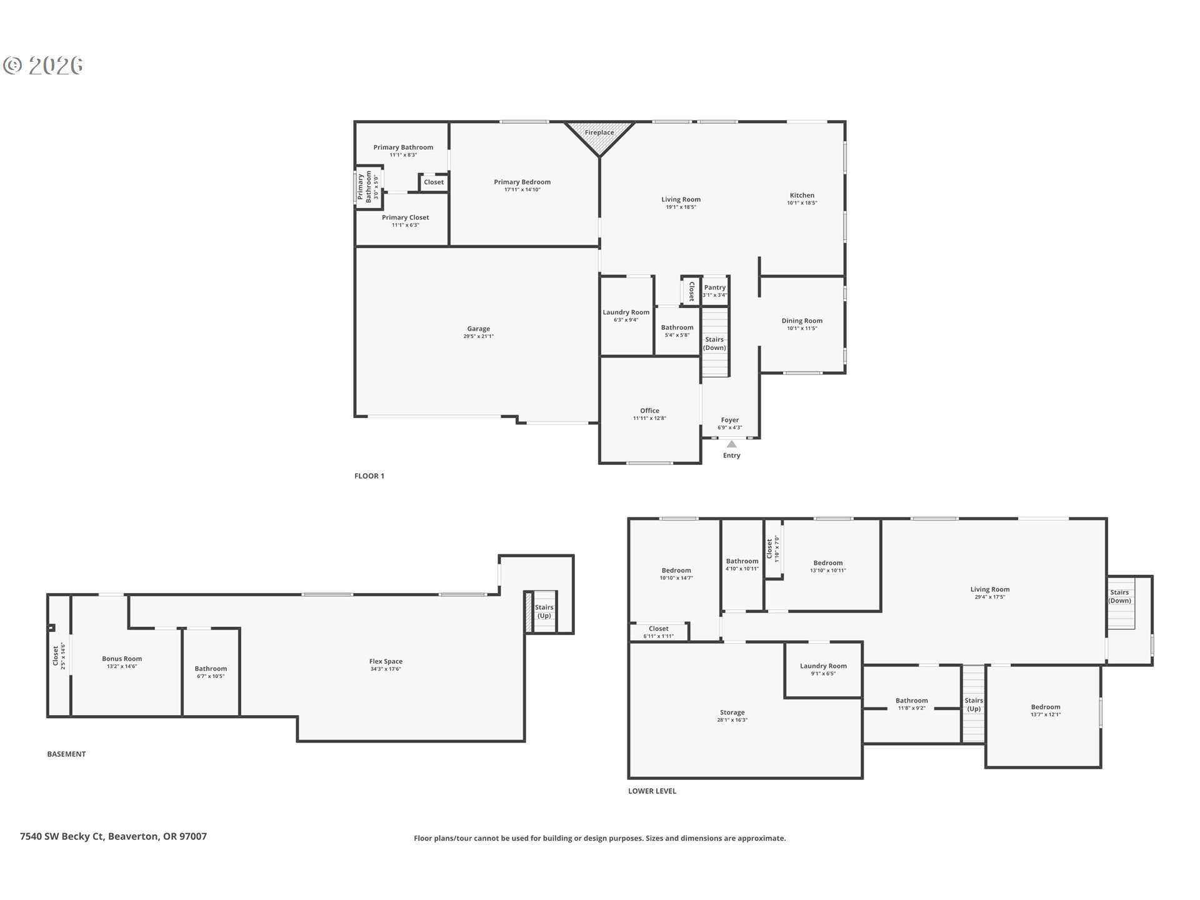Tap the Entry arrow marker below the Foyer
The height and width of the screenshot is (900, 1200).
point(731,444)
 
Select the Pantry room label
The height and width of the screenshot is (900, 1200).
point(714,287)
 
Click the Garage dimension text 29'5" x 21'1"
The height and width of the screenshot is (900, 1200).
point(478,336)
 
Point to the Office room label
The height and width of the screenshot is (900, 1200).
point(649,411)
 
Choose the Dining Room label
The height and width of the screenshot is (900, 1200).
point(802,321)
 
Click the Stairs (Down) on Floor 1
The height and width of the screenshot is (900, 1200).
point(714,343)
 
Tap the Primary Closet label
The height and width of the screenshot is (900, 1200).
point(405,217)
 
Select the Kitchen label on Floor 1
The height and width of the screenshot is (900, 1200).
point(802,195)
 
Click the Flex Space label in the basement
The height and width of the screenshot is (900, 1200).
point(386,661)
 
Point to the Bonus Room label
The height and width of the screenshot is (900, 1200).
point(122,659)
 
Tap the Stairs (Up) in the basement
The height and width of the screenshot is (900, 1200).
point(544,611)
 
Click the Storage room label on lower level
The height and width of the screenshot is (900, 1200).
point(732,712)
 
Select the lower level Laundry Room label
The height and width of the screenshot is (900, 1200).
point(823,666)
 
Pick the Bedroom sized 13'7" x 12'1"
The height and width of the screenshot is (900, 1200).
point(1046,707)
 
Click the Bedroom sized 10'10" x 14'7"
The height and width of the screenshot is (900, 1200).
point(676,570)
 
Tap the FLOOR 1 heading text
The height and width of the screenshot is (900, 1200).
point(369,476)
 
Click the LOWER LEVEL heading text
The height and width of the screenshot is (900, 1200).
point(652,791)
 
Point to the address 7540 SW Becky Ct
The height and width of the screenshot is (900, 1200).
point(113,836)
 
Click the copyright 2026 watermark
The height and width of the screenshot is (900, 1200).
point(44,66)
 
